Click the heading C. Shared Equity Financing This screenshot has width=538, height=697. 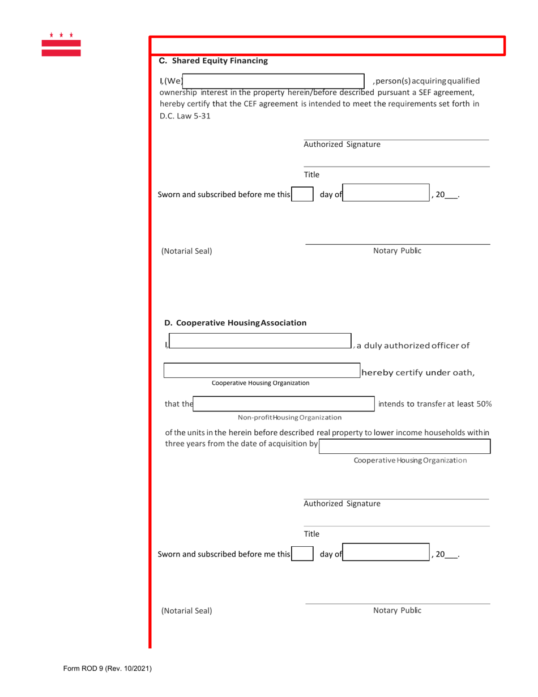point(213,61)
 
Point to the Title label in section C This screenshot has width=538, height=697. point(312,174)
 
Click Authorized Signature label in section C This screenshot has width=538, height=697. point(342,144)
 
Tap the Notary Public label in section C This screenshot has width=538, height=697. point(397,250)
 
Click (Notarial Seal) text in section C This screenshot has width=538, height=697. point(187,250)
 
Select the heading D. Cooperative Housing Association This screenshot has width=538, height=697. point(235,323)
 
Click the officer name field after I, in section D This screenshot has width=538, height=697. point(260,341)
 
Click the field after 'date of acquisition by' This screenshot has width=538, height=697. point(405,447)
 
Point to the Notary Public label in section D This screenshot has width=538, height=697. point(397,610)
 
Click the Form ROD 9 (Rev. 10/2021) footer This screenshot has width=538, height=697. point(107,669)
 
